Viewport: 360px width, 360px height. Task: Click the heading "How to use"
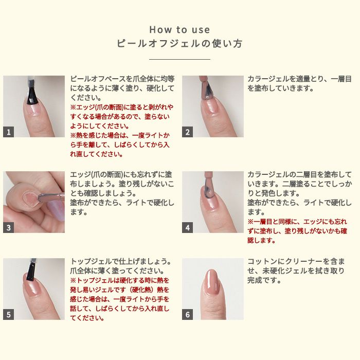click(x=179, y=30)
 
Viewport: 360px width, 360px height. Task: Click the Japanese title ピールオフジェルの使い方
click(x=179, y=43)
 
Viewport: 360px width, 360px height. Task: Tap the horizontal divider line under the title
click(x=179, y=59)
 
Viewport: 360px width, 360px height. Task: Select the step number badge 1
click(x=9, y=132)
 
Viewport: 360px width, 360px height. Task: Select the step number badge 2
click(x=187, y=132)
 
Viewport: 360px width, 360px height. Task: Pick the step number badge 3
click(x=9, y=227)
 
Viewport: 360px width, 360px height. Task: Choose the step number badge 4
click(x=187, y=227)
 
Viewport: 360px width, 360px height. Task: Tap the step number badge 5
click(x=9, y=314)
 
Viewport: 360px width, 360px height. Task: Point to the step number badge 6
click(x=187, y=314)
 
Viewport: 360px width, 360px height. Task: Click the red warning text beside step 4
click(x=297, y=231)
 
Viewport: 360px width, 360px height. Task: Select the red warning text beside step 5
click(x=120, y=299)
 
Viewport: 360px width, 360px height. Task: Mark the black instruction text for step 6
click(x=296, y=271)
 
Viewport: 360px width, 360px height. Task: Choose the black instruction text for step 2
click(x=299, y=83)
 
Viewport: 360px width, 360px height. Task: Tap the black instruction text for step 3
click(x=122, y=193)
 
